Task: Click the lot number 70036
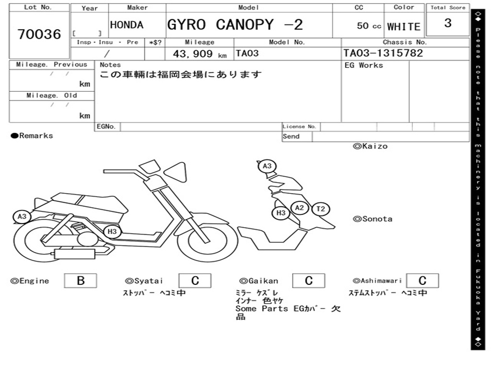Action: point(39,34)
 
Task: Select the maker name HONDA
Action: point(127,25)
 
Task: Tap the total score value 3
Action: point(448,23)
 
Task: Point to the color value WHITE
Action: point(404,27)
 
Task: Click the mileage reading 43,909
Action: point(193,54)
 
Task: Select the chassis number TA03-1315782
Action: point(383,53)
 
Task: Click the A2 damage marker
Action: point(299,208)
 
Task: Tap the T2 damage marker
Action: point(321,209)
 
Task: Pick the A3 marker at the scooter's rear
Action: point(22,217)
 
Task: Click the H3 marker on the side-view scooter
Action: point(112,232)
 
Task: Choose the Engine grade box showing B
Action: point(81,281)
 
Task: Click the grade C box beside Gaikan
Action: point(309,281)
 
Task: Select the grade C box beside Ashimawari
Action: point(422,281)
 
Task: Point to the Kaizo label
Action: point(370,146)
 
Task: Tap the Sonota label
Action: point(373,219)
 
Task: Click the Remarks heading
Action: point(32,136)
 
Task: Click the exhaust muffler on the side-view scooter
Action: point(74,254)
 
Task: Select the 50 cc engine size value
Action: point(369,26)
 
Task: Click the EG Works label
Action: point(363,65)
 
